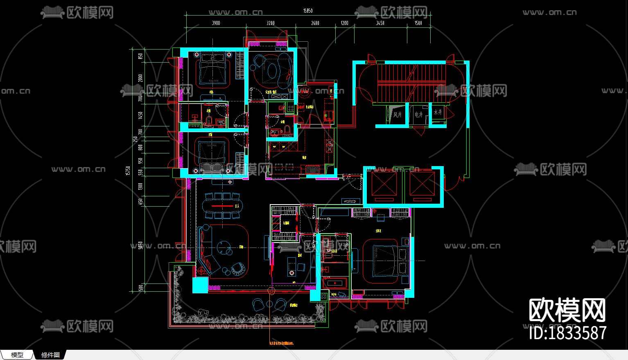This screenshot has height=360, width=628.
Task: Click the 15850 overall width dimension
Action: [x=308, y=11]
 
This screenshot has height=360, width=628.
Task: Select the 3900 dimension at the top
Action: [x=216, y=23]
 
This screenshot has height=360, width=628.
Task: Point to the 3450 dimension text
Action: [x=380, y=23]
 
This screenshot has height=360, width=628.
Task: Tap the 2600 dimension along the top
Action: [x=315, y=23]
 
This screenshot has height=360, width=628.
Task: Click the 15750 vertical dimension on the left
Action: [x=128, y=171]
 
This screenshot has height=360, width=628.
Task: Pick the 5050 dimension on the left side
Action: [x=140, y=245]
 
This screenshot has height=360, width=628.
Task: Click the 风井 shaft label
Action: [x=397, y=115]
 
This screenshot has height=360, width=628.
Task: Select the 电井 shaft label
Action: [x=418, y=115]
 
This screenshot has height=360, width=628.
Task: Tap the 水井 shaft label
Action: [x=438, y=112]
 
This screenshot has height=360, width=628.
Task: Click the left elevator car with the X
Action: [x=384, y=184]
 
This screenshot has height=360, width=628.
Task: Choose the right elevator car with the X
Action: [x=422, y=184]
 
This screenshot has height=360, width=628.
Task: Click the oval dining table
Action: [x=223, y=206]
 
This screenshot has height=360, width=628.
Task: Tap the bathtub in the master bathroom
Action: [x=335, y=283]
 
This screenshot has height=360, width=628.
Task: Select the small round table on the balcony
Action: [x=269, y=304]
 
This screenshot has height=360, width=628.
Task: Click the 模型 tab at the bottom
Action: [x=17, y=355]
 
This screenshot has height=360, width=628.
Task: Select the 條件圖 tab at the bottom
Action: [x=50, y=355]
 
